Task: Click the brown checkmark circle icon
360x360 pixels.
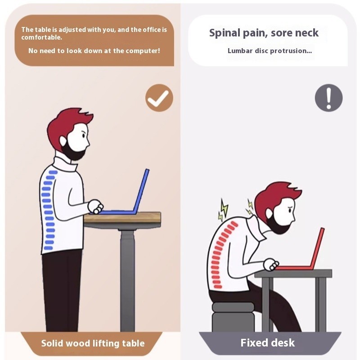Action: point(159,98)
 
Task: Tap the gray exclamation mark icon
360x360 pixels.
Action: point(328,98)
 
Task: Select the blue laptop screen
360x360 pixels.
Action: point(141,191)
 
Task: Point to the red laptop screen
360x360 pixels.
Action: point(317,247)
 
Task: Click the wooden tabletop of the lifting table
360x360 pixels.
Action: point(122,217)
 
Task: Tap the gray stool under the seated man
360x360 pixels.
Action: point(233,317)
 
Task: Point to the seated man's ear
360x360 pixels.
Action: point(269,213)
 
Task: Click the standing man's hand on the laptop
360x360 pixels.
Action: point(95,207)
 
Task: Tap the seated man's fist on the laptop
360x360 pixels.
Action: point(271,264)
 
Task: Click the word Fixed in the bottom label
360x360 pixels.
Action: point(254,343)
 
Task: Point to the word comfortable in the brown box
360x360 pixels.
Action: point(41,37)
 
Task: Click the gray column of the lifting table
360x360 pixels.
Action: point(128,280)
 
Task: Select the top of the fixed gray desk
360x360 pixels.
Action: point(293,273)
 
